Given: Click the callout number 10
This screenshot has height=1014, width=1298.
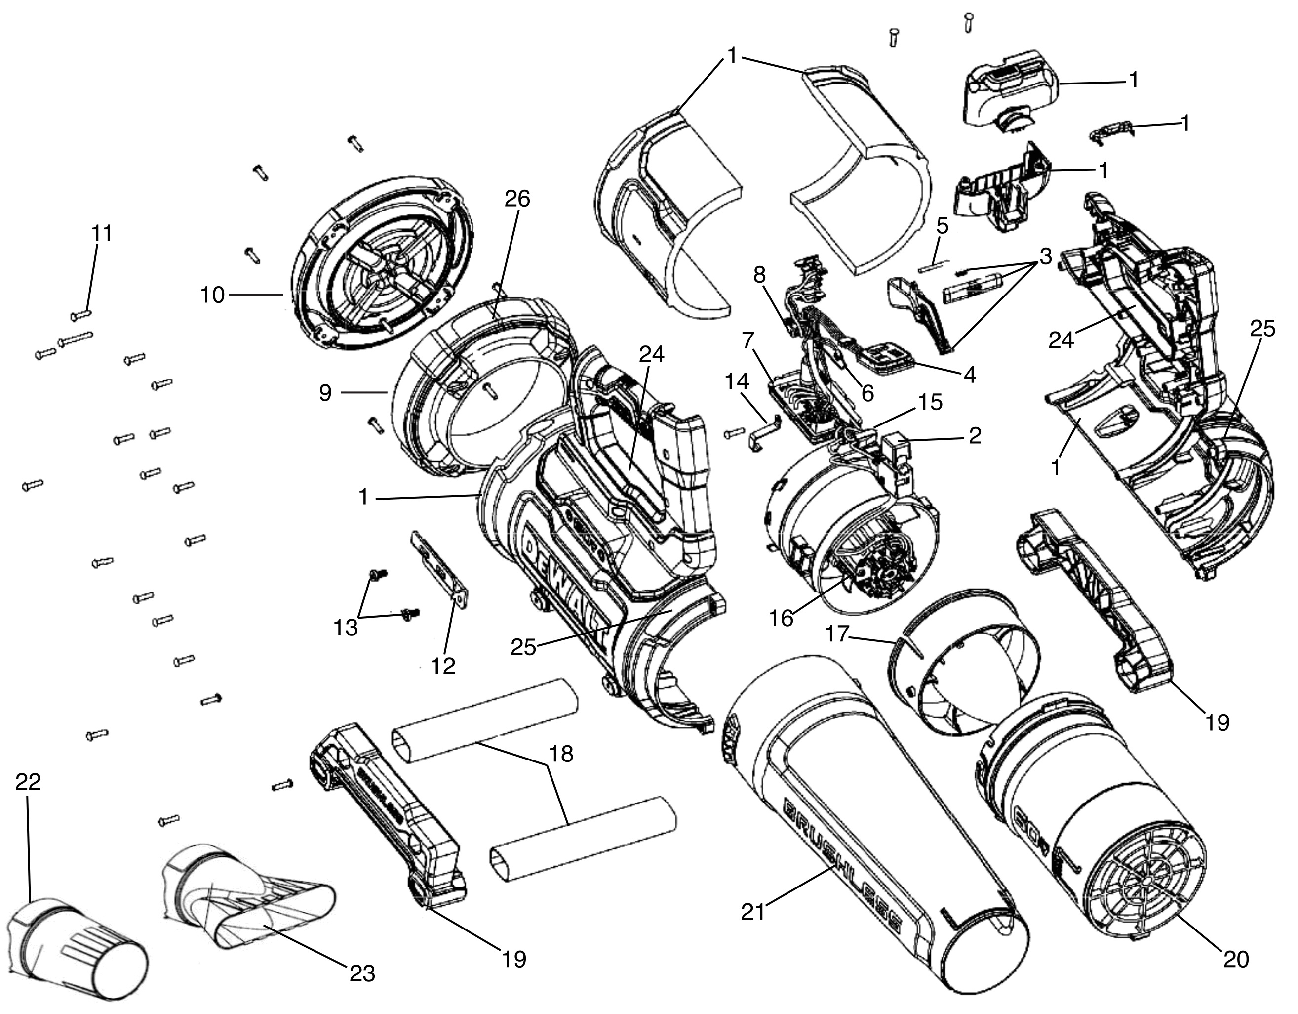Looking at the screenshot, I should point(212,295).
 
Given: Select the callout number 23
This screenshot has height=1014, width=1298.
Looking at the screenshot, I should point(362,974).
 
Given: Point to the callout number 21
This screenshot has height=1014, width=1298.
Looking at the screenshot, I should point(752,912).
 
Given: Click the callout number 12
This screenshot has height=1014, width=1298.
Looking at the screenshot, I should point(443,666).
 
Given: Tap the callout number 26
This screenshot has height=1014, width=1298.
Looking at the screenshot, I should point(516,199).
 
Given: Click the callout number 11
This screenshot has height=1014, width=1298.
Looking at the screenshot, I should point(102,234).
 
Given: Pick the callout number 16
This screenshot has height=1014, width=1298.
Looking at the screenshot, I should point(781,619).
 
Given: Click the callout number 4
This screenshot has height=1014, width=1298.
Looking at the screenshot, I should point(969,375).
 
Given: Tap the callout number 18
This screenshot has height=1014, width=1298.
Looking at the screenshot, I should point(561,754).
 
